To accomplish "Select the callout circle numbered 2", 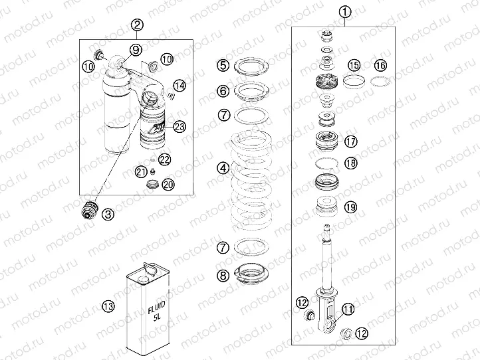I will [x=137, y=25].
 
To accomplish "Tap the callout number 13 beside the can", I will [x=108, y=306].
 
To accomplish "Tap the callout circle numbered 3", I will [x=108, y=213].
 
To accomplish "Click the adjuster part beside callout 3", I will [x=88, y=211].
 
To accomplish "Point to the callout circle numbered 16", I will [x=379, y=65].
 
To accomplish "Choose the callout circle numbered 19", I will [x=350, y=207].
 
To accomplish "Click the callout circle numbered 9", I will [x=135, y=49].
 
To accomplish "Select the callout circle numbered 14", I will [x=178, y=84].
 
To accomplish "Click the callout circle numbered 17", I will [x=350, y=141].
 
